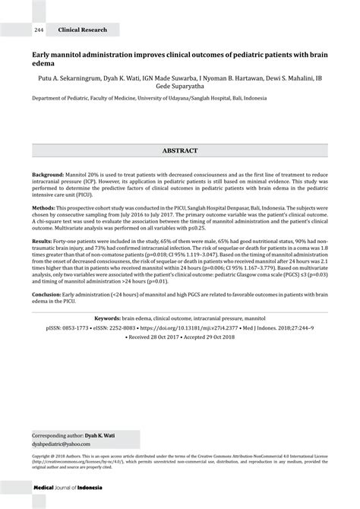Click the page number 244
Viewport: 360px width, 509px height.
coord(39,30)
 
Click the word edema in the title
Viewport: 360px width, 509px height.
coord(42,65)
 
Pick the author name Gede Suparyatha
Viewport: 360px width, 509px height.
coord(180,87)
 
